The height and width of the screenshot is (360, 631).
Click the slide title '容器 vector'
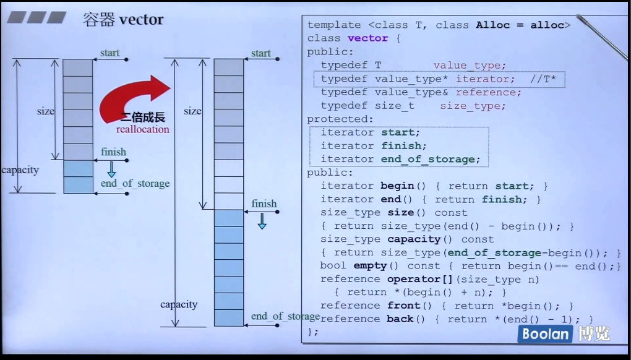pos(123,19)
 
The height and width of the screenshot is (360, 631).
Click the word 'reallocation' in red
pos(142,129)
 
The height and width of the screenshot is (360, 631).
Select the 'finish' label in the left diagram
pos(113,152)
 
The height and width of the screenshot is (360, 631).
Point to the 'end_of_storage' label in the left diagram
pos(135,184)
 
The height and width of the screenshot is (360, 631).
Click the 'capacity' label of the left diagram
pos(20,170)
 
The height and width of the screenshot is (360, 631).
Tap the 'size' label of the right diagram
pos(192,111)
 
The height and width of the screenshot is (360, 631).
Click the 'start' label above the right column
pos(261,53)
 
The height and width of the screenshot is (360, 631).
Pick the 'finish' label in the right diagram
pos(264,204)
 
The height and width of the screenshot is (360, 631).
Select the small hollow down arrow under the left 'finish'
pos(112,169)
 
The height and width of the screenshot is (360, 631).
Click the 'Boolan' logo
pos(545,334)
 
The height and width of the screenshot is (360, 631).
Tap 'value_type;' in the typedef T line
pos(470,66)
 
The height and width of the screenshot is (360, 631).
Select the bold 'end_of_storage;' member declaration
pos(431,159)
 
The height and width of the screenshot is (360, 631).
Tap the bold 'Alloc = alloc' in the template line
pos(520,25)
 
